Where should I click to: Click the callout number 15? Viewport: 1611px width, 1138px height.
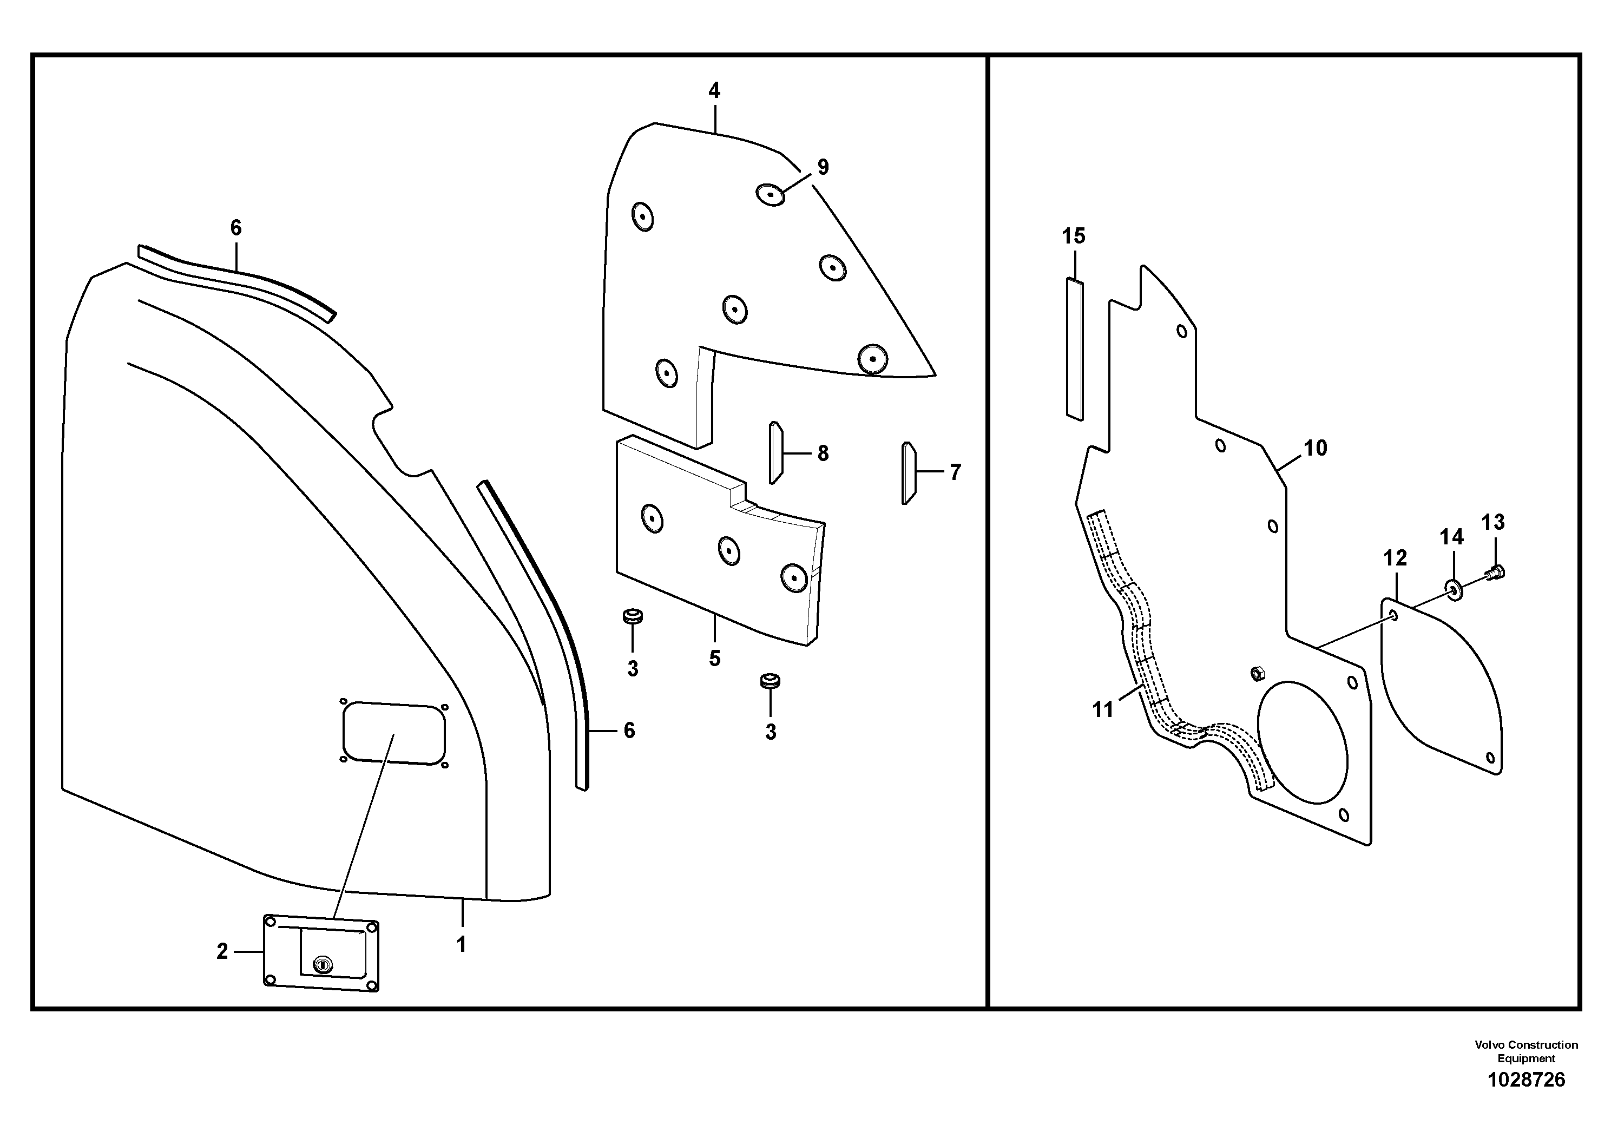[x=1074, y=236]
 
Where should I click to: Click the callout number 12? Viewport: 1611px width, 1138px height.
[x=1395, y=558]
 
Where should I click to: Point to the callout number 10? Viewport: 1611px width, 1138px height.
[x=1316, y=448]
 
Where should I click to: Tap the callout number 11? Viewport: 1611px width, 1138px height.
[x=1103, y=710]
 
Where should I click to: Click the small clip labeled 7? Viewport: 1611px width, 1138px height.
[x=908, y=473]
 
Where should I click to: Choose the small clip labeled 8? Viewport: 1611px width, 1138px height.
[x=776, y=452]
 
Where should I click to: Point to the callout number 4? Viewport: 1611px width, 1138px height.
[x=714, y=90]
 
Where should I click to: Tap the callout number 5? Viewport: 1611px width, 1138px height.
[x=714, y=658]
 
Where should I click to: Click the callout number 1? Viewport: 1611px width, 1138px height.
[x=461, y=945]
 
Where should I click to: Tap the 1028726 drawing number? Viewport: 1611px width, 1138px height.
[x=1526, y=1079]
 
